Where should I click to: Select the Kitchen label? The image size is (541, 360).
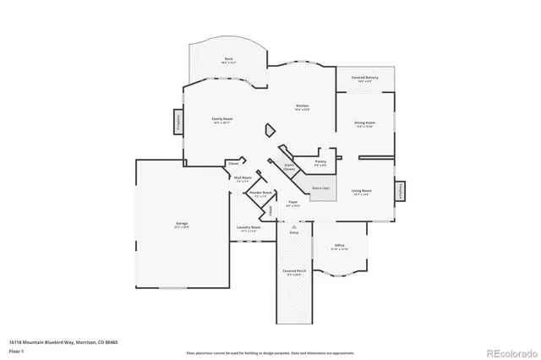[x=302, y=107]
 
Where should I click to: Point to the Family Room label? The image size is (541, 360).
[x=222, y=120]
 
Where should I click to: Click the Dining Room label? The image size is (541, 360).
[x=364, y=124]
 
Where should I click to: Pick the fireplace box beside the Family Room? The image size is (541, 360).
[x=178, y=121]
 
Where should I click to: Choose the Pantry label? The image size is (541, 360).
[x=320, y=161]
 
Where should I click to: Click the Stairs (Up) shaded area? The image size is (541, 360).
[x=320, y=191]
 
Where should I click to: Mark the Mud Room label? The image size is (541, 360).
[x=242, y=178]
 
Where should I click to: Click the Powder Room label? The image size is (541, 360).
[x=260, y=194]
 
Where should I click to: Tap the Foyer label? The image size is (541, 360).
[x=292, y=203]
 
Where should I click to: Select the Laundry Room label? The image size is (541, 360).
[x=248, y=228]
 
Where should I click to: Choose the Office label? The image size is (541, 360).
[x=338, y=247]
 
